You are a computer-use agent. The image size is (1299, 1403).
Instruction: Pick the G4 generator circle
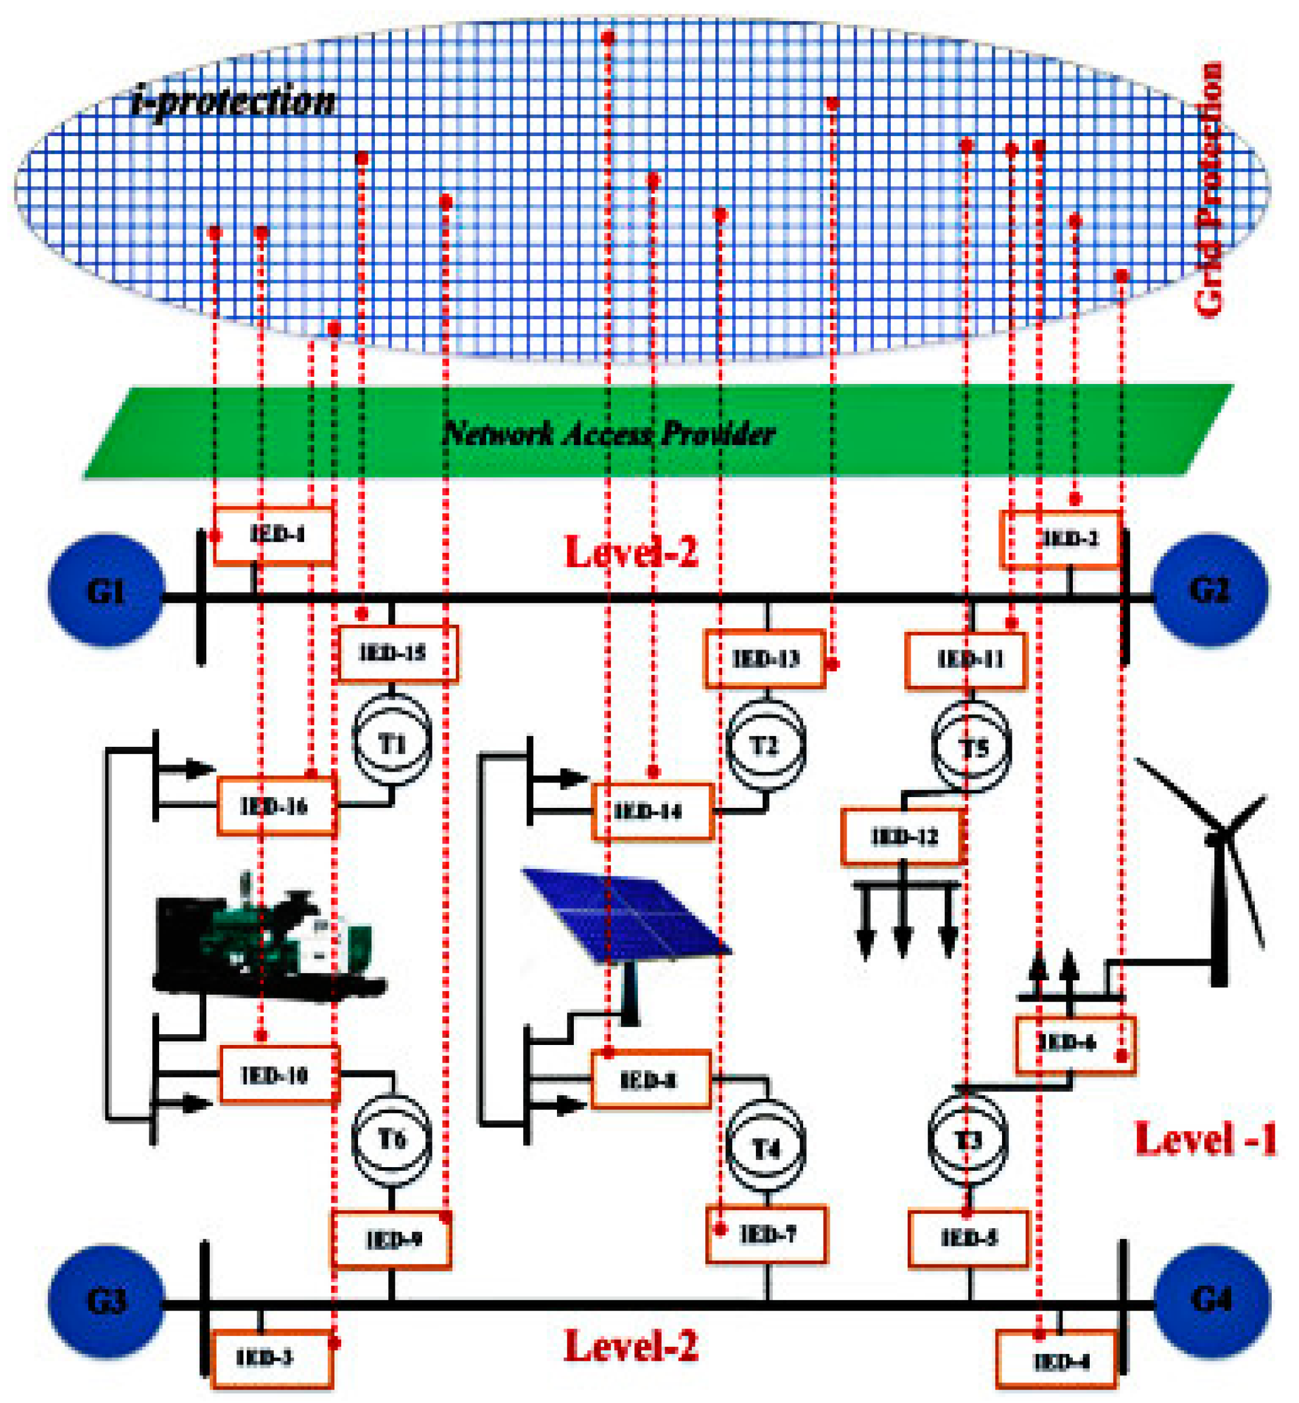1212,1299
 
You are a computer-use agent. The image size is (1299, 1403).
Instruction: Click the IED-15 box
398,653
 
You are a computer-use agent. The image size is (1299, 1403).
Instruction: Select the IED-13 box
765,658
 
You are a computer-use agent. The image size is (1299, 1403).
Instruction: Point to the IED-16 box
276,806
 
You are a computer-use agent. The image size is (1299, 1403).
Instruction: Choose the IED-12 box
902,836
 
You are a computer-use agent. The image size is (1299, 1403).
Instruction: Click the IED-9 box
391,1239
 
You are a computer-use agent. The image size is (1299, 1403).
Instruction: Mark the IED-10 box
279,1075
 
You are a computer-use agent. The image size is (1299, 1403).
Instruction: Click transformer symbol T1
391,743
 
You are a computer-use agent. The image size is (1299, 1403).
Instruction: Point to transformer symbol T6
391,1139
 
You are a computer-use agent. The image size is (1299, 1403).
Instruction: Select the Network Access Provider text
609,433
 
